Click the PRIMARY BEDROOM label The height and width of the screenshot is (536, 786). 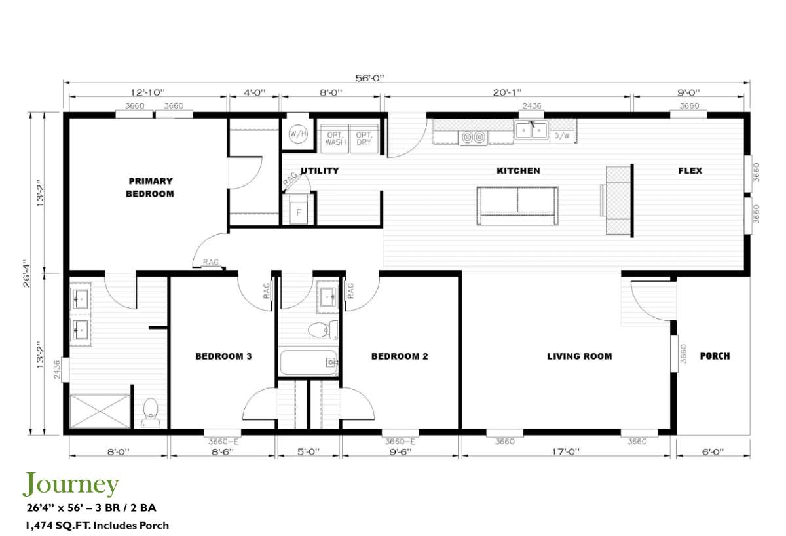[150, 187]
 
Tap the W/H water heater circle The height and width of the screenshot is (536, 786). [297, 134]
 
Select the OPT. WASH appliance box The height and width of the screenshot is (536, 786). [335, 138]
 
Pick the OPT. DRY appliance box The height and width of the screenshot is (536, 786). [364, 138]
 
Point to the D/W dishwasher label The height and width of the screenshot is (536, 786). [561, 136]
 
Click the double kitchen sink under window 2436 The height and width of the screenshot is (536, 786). [531, 131]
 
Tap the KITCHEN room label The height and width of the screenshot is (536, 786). [518, 171]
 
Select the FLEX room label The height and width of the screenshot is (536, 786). [690, 171]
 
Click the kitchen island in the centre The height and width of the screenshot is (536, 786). [517, 206]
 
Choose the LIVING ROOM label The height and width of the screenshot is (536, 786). [580, 356]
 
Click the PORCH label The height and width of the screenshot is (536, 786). [715, 356]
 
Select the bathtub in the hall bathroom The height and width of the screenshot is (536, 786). [308, 362]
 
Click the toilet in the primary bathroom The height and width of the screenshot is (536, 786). [151, 413]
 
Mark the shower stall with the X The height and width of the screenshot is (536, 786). [100, 411]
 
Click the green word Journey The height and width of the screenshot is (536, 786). [71, 484]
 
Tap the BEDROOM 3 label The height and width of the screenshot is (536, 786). [223, 356]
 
